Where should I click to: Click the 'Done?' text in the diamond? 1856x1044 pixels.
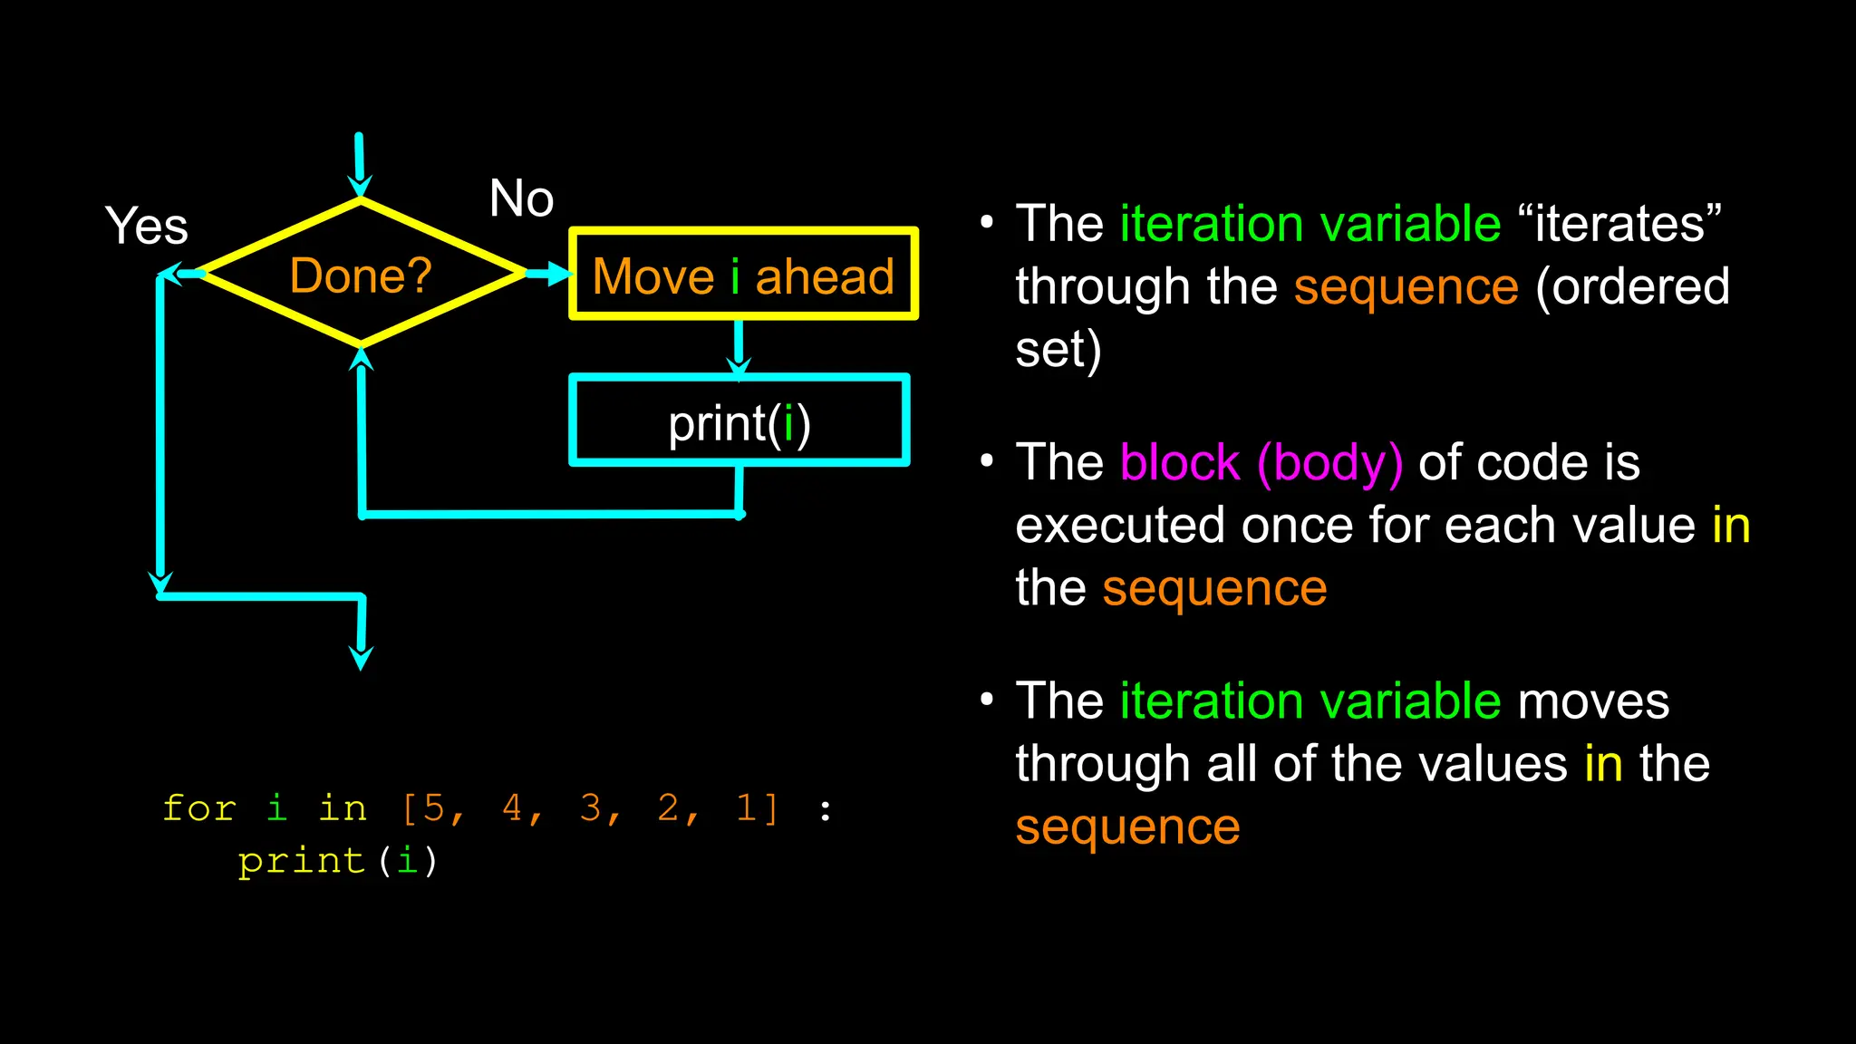click(361, 275)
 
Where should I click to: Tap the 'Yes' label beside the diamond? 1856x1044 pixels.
click(146, 226)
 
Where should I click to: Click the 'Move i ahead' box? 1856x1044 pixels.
click(743, 275)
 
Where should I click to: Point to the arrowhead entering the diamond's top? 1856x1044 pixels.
click(360, 185)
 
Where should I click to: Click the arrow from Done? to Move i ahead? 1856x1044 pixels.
click(549, 273)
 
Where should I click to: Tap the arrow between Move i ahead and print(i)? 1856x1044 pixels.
click(739, 349)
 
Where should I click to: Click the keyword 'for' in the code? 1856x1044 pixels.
click(199, 807)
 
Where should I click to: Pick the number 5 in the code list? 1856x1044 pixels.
click(434, 807)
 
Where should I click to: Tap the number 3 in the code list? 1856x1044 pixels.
click(591, 807)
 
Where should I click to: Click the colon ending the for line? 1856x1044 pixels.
click(825, 809)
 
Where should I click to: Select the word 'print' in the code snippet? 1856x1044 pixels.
click(302, 860)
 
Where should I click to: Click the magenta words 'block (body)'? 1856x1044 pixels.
click(1261, 463)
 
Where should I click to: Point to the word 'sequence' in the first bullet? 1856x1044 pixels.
click(1406, 287)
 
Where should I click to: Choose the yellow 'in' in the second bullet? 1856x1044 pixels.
click(1731, 526)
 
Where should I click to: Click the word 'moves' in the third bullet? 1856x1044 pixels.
click(1592, 701)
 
